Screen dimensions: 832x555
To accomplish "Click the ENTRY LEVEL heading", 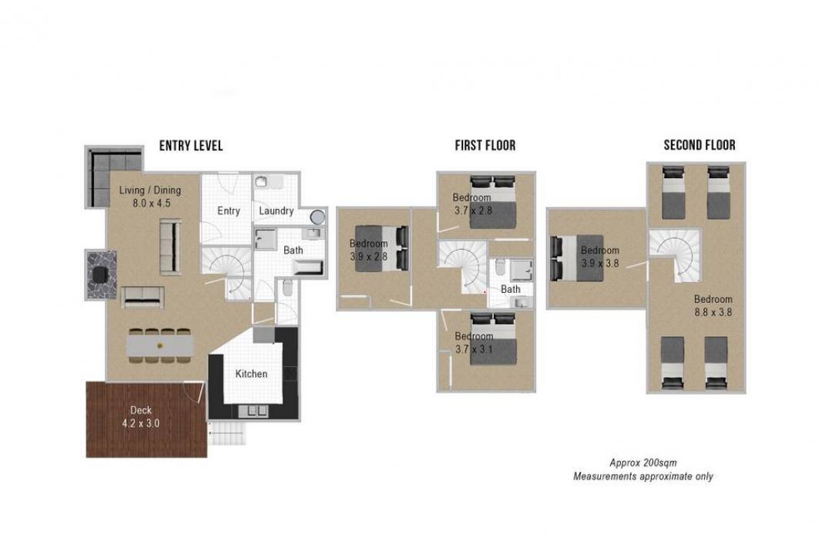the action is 191,146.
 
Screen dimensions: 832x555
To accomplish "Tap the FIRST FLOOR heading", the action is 485,146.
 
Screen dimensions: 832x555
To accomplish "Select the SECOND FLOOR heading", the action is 699,145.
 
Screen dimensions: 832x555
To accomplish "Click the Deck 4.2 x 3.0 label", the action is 141,417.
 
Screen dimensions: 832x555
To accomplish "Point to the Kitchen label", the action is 251,374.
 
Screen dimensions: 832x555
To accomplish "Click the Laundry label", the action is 276,211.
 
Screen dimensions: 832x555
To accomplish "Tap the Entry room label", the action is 229,211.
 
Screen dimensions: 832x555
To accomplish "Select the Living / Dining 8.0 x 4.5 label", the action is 150,197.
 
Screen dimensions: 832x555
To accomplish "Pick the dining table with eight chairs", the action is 160,346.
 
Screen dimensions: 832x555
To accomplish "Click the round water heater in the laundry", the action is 317,217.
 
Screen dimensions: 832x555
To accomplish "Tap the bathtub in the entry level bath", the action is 307,267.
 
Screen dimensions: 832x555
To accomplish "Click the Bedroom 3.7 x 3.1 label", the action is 474,342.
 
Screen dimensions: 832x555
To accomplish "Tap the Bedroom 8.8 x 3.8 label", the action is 713,306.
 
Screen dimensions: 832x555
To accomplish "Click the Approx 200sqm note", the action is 643,462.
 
